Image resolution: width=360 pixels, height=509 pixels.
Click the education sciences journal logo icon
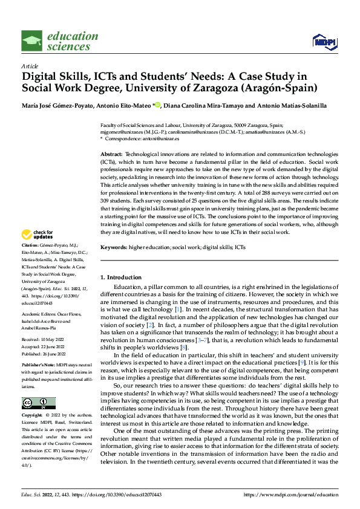click(32, 41)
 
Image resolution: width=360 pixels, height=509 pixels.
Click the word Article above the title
click(30, 66)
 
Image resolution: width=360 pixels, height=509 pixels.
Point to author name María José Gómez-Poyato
click(58, 105)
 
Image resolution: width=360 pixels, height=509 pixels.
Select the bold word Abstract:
click(111, 155)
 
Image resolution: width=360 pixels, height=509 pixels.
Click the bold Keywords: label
click(114, 248)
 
